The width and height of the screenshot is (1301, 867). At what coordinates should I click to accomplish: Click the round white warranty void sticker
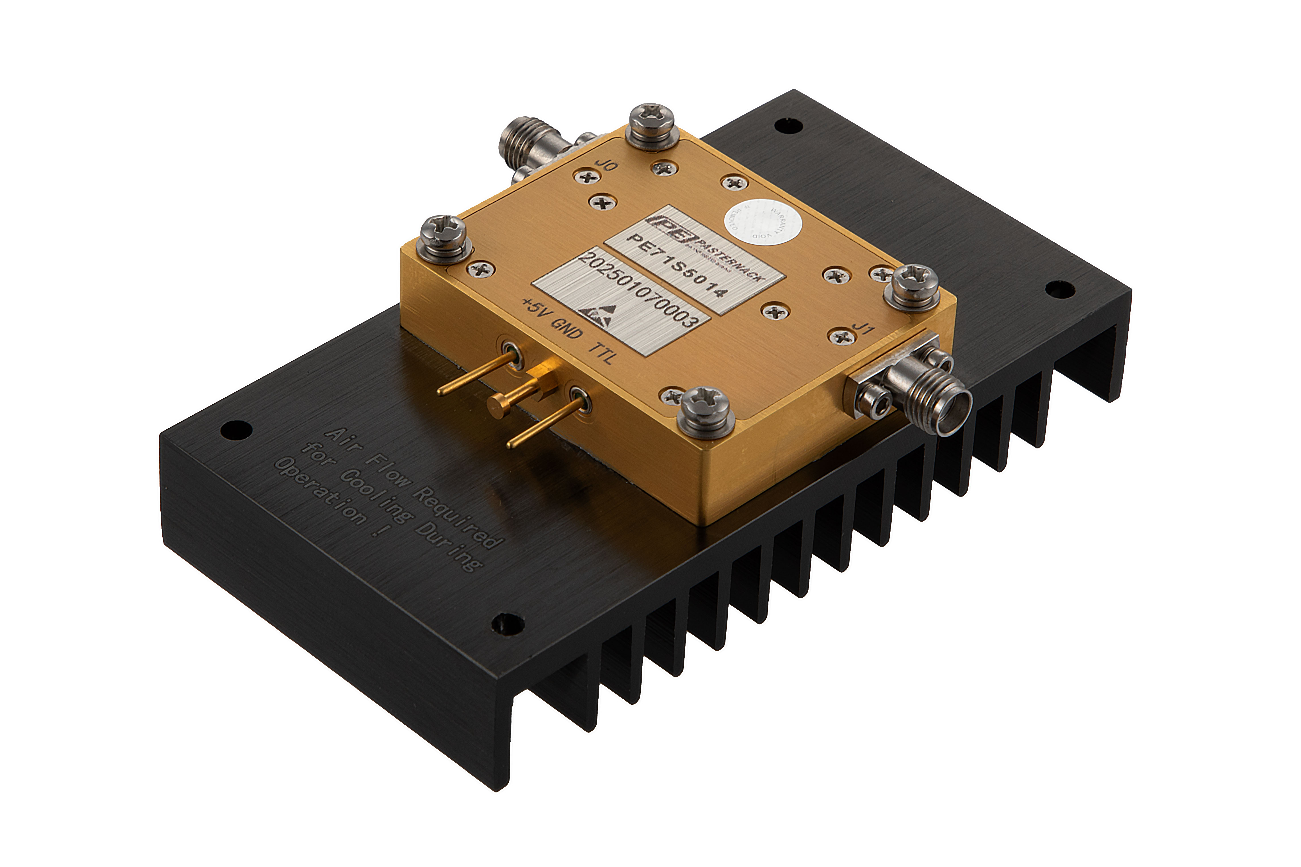click(763, 227)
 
